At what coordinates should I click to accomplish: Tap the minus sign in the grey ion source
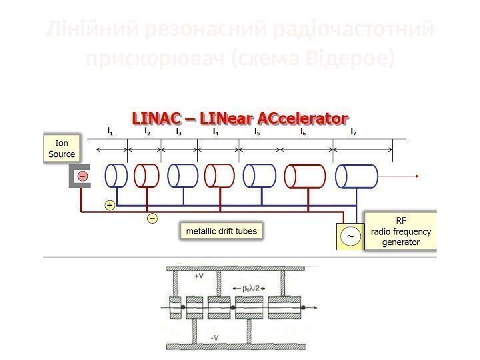(x=82, y=177)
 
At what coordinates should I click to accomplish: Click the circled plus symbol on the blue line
(x=110, y=205)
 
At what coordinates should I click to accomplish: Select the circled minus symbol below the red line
(x=152, y=217)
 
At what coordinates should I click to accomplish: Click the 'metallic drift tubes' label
(x=219, y=231)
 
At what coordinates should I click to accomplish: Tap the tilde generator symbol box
(x=351, y=235)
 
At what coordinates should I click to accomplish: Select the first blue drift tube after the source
(x=116, y=176)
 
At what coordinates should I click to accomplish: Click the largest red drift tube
(x=305, y=177)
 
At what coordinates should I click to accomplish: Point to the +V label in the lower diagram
(x=199, y=275)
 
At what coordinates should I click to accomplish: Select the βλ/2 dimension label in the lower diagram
(x=249, y=288)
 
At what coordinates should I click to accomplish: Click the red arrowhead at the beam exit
(x=417, y=177)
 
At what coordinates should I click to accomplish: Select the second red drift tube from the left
(x=219, y=176)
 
